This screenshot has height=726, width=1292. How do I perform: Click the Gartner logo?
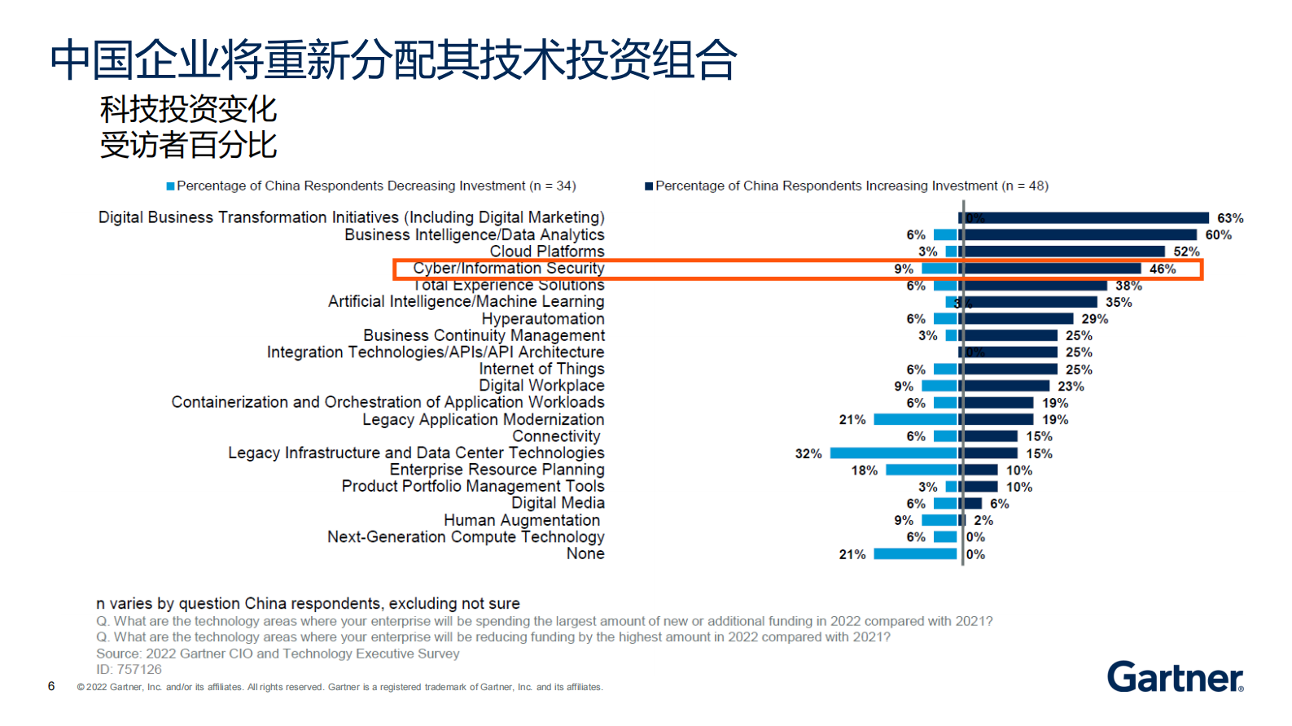click(1174, 676)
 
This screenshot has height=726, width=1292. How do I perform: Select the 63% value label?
click(1229, 218)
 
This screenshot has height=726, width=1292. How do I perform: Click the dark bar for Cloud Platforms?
click(1064, 251)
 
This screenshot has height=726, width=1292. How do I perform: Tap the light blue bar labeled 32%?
click(893, 453)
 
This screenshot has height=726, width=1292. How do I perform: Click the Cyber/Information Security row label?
click(508, 269)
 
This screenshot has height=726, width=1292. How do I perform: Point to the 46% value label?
click(1162, 269)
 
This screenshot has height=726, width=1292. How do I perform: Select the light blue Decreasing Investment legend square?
click(171, 186)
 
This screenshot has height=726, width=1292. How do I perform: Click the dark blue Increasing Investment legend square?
click(649, 186)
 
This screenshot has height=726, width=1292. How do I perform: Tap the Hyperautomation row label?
click(542, 319)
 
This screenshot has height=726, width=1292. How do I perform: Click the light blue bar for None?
click(915, 554)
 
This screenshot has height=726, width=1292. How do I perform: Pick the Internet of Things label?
click(541, 370)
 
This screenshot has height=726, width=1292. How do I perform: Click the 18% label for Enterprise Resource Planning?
click(864, 470)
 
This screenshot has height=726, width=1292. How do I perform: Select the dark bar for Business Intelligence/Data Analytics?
click(1080, 235)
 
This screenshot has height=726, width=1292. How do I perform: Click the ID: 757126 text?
click(129, 670)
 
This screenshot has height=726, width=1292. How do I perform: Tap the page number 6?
click(51, 686)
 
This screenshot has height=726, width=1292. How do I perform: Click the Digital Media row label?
click(558, 504)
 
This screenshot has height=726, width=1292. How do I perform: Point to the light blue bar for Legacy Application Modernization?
click(915, 420)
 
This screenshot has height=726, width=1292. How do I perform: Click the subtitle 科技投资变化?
click(188, 109)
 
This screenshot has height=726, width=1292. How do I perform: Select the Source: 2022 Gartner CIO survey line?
click(278, 654)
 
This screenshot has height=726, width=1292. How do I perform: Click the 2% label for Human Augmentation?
click(983, 521)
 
